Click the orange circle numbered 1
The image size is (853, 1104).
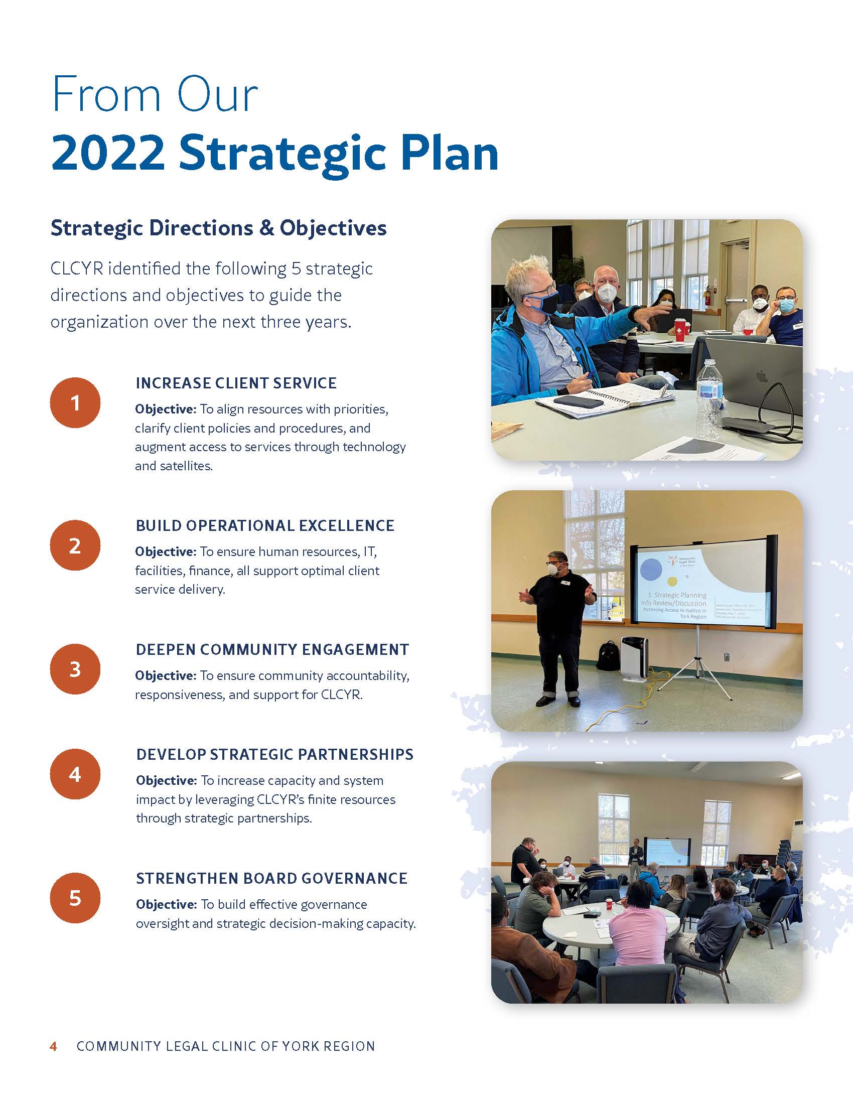pyautogui.click(x=75, y=403)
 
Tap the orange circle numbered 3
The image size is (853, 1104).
pyautogui.click(x=75, y=669)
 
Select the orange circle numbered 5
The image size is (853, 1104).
pyautogui.click(x=75, y=898)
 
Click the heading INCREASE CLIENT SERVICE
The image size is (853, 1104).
pyautogui.click(x=236, y=383)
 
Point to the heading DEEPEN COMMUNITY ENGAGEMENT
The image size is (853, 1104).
pyautogui.click(x=272, y=649)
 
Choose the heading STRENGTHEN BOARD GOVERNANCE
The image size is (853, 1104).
pyautogui.click(x=272, y=879)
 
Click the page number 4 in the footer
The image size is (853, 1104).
pyautogui.click(x=53, y=1046)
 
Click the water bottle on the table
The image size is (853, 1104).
pyautogui.click(x=709, y=399)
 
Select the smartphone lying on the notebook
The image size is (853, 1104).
pyautogui.click(x=578, y=402)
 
